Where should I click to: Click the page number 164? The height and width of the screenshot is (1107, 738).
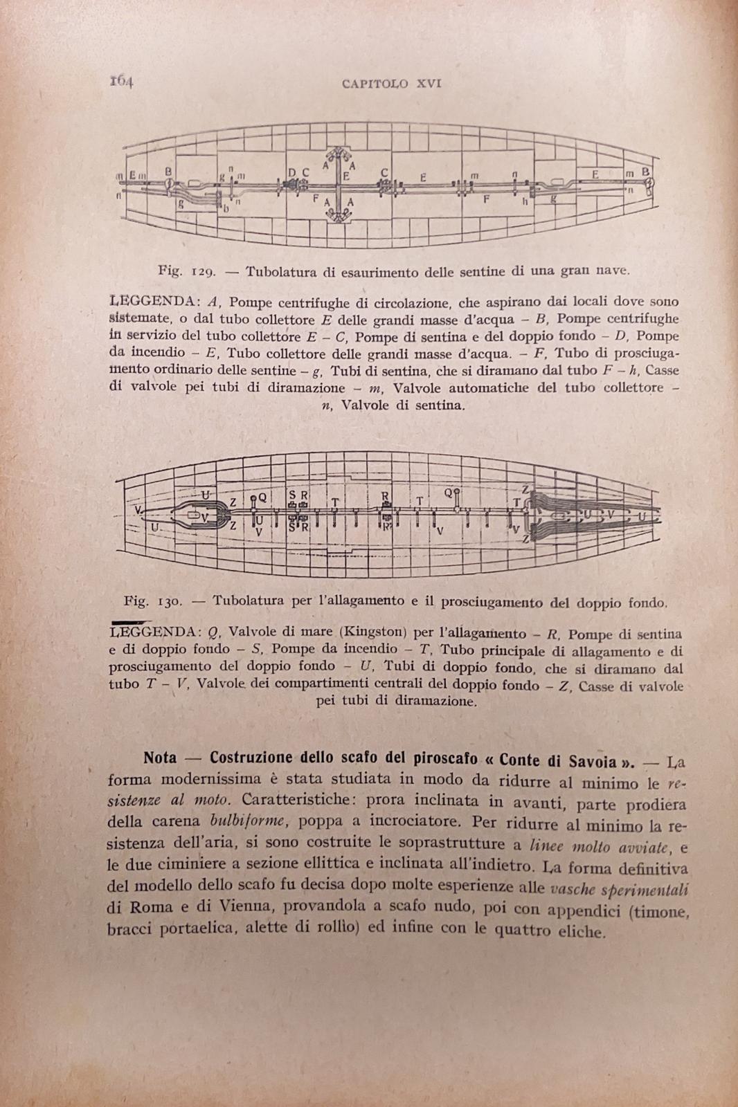click(x=121, y=81)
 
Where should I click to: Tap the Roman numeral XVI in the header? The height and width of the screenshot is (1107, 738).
click(x=429, y=84)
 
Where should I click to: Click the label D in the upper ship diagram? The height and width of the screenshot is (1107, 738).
click(x=292, y=172)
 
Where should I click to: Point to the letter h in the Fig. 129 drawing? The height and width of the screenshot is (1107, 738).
click(x=525, y=203)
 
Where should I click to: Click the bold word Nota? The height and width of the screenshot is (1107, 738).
click(x=160, y=758)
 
